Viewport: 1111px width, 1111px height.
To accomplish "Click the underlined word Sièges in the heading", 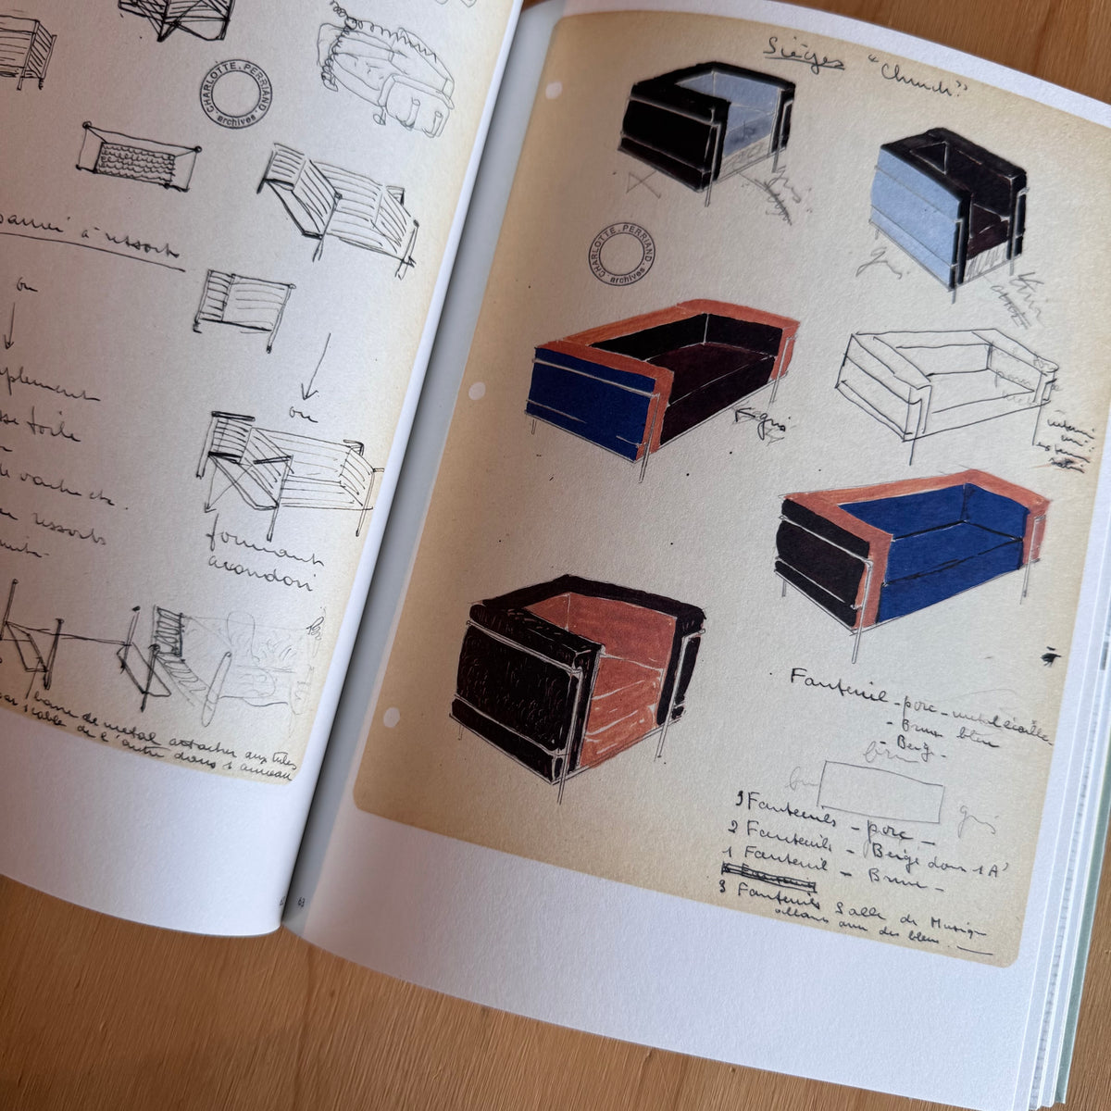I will click(x=803, y=56).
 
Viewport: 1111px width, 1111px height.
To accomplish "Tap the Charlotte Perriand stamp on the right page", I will click(x=619, y=253).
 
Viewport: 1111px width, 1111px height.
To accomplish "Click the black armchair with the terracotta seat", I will click(x=579, y=671).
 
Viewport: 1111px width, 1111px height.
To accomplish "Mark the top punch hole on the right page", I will click(x=554, y=91).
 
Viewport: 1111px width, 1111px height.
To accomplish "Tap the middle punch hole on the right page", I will click(x=478, y=391).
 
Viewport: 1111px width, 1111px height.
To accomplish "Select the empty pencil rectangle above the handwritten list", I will click(x=880, y=791).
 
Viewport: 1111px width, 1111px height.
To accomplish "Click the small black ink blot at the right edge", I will click(x=1049, y=656).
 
